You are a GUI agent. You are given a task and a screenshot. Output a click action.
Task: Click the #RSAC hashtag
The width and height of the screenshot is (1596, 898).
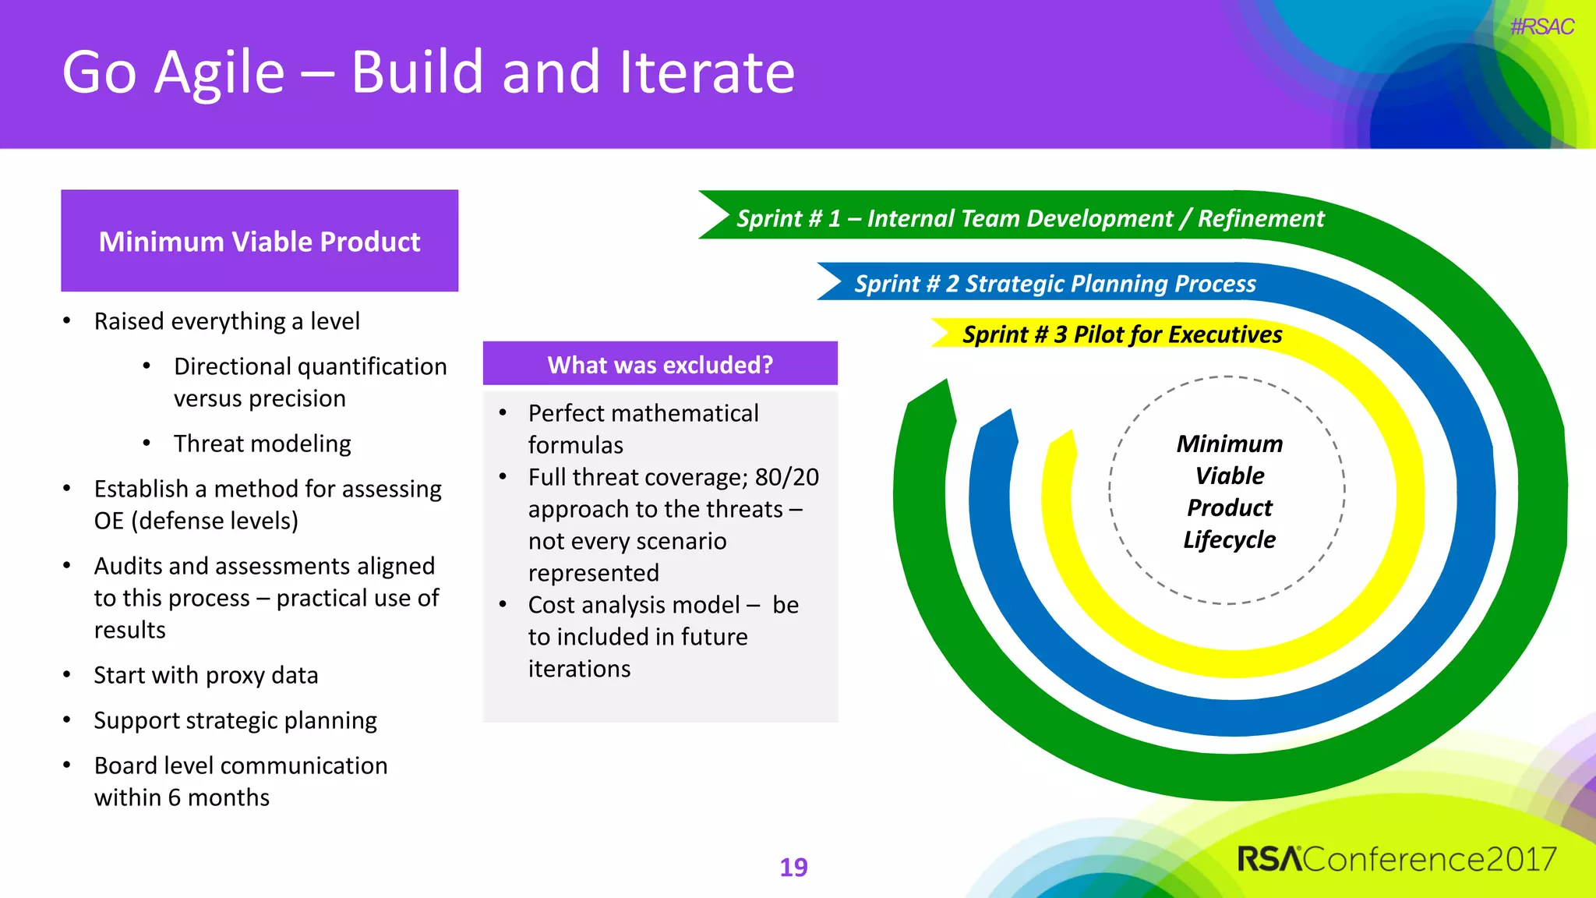tap(1541, 27)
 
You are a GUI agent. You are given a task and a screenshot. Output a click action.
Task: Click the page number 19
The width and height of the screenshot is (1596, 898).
tap(793, 867)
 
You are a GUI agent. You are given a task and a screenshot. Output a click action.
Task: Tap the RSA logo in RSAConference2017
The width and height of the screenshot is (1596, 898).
tap(1269, 859)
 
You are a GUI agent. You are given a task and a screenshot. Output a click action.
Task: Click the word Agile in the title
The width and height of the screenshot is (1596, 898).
tap(220, 72)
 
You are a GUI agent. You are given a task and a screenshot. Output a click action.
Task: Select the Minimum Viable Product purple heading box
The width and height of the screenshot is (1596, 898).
tap(260, 241)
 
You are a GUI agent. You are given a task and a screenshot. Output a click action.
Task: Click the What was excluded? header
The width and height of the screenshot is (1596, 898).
tap(660, 364)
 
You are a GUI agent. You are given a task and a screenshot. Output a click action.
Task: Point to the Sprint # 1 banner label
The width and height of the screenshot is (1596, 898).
tap(1029, 218)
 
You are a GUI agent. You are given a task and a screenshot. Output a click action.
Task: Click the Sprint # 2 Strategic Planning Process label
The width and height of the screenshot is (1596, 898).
tap(1054, 284)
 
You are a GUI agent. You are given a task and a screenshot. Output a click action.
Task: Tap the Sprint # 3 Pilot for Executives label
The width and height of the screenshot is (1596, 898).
tap(1121, 334)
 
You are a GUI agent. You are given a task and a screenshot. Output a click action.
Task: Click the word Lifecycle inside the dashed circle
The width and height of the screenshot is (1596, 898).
tap(1229, 539)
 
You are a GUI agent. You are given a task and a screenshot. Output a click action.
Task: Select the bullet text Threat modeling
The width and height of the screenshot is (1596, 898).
tap(262, 444)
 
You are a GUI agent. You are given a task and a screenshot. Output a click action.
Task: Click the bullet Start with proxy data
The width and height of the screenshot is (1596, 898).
tap(206, 675)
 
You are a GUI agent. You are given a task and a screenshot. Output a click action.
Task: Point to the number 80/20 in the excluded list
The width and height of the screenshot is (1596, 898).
tap(786, 477)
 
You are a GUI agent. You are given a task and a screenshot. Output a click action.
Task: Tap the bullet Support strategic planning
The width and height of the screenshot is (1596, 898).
tap(235, 720)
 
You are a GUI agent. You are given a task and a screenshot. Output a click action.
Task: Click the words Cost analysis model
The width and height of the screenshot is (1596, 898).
tap(634, 605)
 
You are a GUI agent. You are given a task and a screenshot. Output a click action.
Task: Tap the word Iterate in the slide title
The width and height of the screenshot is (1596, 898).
tap(706, 72)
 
